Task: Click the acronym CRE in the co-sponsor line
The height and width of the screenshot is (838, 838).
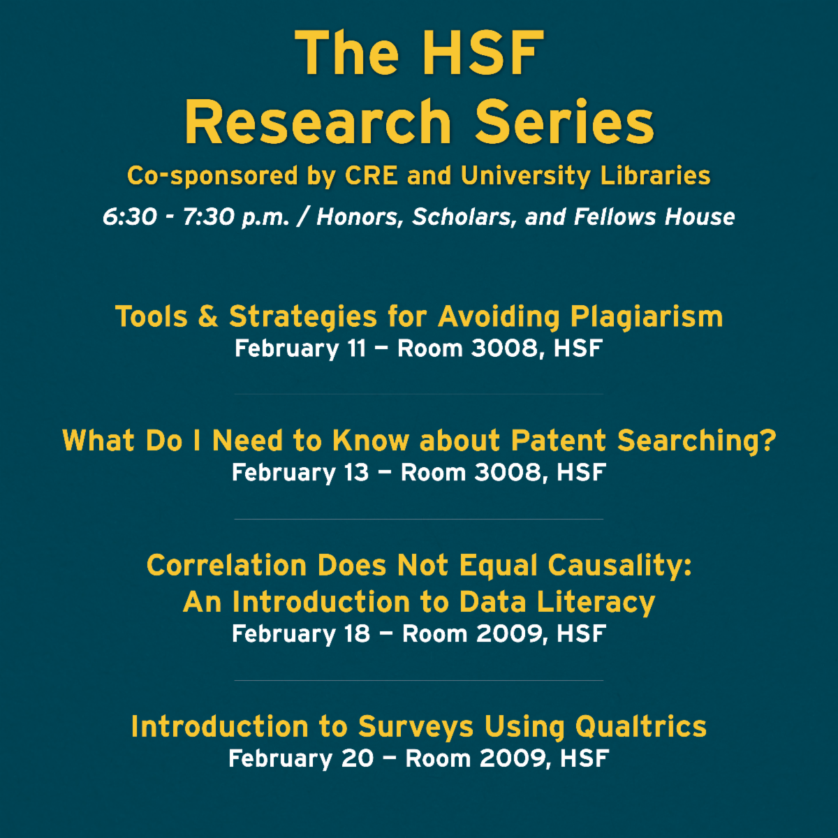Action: (371, 176)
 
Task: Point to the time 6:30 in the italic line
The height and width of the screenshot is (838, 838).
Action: (130, 216)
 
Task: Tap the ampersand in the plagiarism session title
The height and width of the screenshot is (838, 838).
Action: (208, 316)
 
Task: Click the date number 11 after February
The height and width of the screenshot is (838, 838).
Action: (357, 348)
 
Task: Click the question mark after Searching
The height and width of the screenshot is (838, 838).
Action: (768, 440)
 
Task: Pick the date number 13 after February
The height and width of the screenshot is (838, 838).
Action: (356, 472)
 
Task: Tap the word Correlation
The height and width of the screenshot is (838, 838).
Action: (227, 566)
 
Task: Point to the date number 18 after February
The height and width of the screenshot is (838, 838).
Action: (357, 633)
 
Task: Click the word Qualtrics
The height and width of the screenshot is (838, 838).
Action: (641, 727)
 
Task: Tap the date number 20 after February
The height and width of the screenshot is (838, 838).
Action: (358, 758)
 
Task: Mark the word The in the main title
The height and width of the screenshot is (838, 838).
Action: (346, 53)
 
